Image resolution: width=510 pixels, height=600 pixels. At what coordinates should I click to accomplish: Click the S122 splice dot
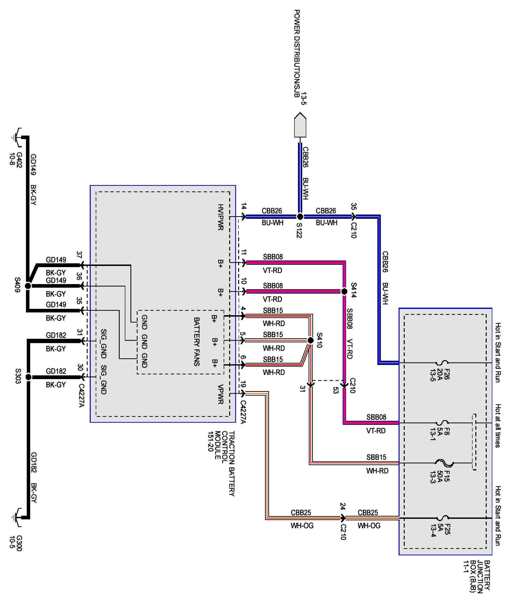[300, 216]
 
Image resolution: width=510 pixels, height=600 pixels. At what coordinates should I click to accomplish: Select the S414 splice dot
[344, 291]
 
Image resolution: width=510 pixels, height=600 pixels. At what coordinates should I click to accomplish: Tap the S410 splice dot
[310, 340]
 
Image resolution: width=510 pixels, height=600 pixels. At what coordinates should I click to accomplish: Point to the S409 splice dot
[28, 286]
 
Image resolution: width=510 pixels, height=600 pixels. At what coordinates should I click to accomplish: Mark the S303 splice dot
[28, 377]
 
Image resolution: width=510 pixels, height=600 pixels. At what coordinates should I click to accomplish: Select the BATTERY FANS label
[197, 341]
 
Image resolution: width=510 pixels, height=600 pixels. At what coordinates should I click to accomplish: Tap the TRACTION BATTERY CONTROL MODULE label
[221, 463]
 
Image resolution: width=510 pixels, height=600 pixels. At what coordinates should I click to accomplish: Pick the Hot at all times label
[498, 426]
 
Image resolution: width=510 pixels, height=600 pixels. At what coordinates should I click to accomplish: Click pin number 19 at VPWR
[243, 385]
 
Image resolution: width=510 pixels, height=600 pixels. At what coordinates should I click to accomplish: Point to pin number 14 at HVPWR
[244, 207]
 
